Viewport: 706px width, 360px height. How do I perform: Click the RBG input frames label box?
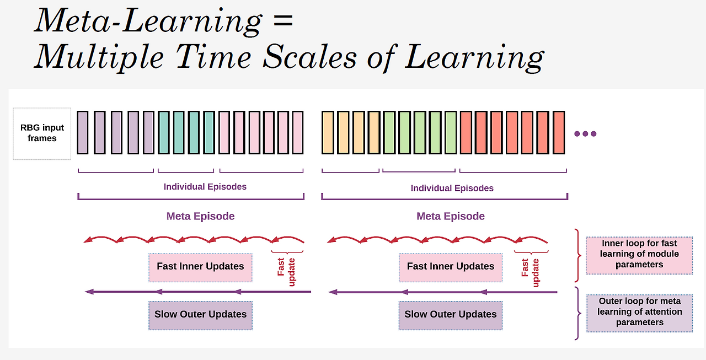42,133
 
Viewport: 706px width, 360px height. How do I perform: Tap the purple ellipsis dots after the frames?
585,134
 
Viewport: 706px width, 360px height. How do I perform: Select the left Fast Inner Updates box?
200,267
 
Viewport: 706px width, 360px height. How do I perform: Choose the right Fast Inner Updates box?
451,267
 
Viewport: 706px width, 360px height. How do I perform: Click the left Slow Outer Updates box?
200,315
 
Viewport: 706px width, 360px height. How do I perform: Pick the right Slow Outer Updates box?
451,315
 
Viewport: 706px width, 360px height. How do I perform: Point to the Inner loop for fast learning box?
639,255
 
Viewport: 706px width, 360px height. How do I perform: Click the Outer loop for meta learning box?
639,313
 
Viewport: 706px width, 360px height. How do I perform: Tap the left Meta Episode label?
200,216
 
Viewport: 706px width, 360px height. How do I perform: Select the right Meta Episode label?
451,216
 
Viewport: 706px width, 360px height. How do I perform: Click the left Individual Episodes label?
205,187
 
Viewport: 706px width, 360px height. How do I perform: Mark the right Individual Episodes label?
452,188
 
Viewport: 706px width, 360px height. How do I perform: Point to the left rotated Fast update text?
286,272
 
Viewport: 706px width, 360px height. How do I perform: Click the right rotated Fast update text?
530,272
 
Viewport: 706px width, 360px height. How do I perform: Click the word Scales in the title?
310,57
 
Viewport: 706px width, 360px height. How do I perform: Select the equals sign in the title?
283,20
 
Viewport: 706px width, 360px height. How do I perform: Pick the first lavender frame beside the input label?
83,132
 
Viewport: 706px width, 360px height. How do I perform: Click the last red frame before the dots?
559,132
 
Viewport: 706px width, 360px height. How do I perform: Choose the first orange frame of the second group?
328,132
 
